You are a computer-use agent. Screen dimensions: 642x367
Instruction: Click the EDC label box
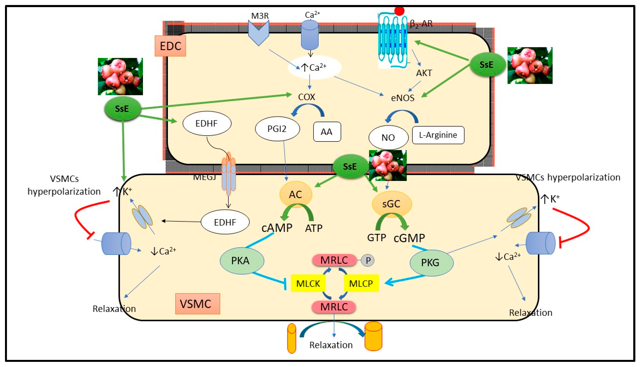[x=170, y=46]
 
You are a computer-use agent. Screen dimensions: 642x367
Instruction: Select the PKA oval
[x=242, y=261]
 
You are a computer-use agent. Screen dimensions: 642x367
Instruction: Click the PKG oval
[x=431, y=263]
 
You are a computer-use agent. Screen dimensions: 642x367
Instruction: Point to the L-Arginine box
[x=438, y=135]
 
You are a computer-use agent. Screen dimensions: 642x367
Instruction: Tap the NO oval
[x=388, y=137]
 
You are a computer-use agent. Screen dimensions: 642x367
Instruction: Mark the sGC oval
[x=392, y=204]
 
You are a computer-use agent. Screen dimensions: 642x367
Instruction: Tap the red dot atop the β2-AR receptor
[x=399, y=11]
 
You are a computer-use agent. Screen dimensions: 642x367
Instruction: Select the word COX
[x=306, y=97]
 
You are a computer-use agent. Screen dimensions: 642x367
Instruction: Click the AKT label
[x=424, y=73]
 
